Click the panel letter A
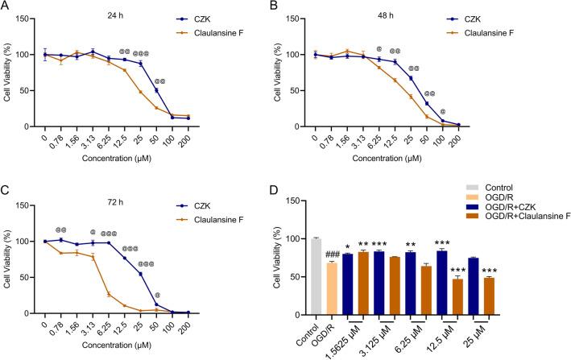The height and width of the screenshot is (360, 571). [x=6, y=6]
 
